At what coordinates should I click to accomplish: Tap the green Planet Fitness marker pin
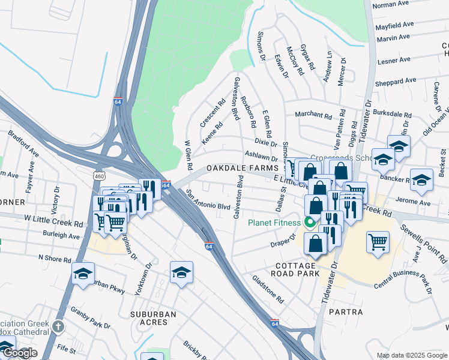(310, 223)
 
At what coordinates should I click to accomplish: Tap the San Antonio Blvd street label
(208, 200)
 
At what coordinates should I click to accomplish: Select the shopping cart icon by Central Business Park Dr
(378, 242)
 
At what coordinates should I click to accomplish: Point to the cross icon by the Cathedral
(57, 326)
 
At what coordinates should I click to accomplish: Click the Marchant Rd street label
(313, 115)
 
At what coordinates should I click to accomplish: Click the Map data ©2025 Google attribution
(412, 356)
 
